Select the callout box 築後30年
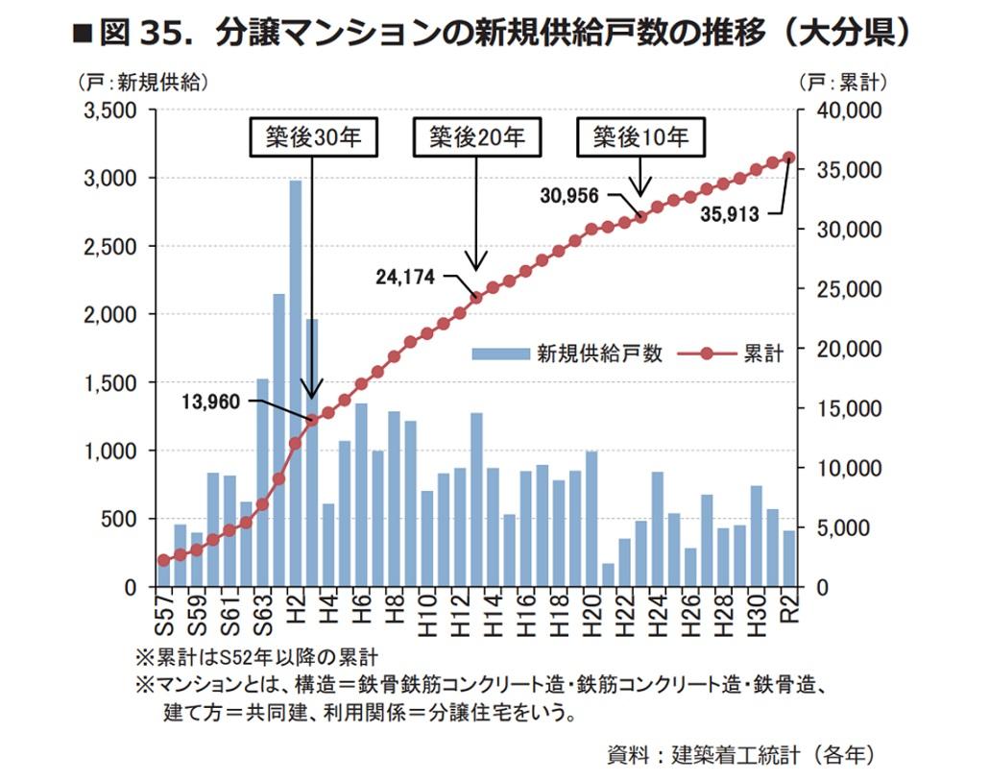click(312, 137)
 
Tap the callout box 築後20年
click(476, 137)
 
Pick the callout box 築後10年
click(640, 137)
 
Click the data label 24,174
click(405, 277)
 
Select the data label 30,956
click(569, 195)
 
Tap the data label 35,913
click(730, 215)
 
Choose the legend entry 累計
click(764, 354)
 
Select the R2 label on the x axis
click(789, 609)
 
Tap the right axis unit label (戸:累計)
click(843, 82)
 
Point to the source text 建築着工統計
click(735, 753)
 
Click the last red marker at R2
click(789, 158)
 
